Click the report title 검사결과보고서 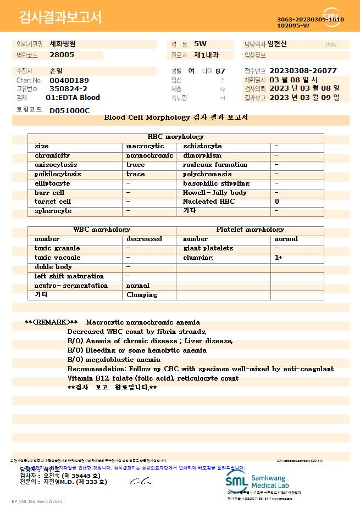click(x=60, y=18)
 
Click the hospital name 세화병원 click(x=63, y=44)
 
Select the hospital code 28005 click(x=62, y=55)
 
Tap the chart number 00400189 click(x=69, y=80)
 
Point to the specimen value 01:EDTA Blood click(x=73, y=98)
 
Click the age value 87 click(x=220, y=71)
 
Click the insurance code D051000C click(x=69, y=110)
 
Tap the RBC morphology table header click(x=176, y=137)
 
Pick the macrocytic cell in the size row click(x=145, y=146)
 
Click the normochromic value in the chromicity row click(x=149, y=155)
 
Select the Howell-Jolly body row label click(x=215, y=193)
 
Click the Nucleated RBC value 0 click(x=277, y=202)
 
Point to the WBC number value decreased click(x=144, y=239)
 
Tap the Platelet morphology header click(x=250, y=230)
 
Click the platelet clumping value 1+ click(x=279, y=258)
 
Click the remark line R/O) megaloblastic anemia click(x=114, y=360)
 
